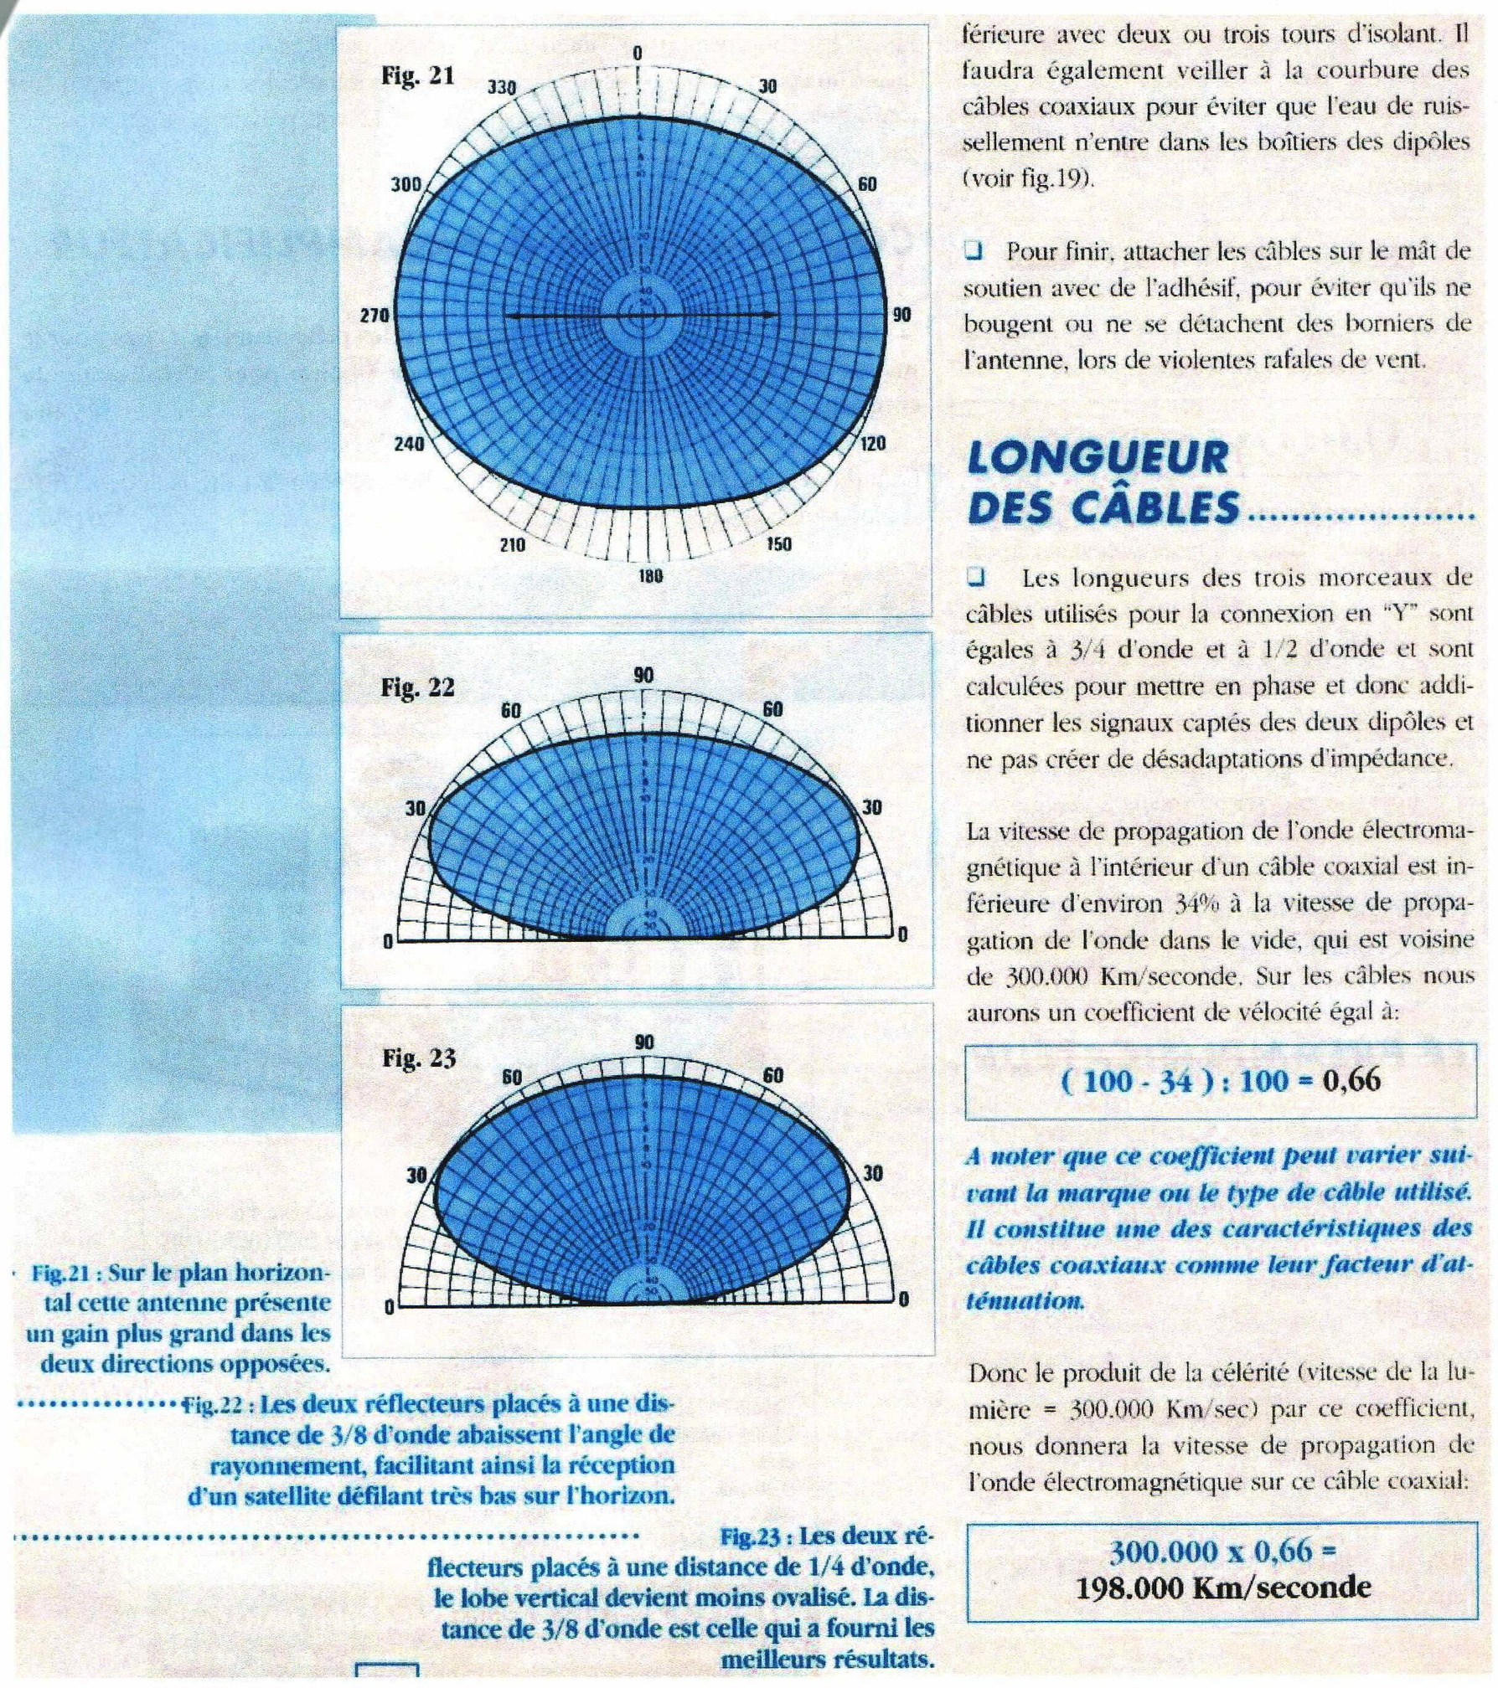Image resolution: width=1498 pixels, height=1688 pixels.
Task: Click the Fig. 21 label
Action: [x=417, y=76]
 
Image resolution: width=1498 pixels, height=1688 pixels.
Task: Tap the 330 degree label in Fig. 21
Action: [x=502, y=88]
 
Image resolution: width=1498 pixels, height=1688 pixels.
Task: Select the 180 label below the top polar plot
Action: [x=650, y=576]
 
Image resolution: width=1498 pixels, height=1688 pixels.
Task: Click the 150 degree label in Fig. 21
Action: [x=777, y=544]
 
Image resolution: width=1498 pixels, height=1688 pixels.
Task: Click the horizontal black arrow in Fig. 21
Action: [x=641, y=316]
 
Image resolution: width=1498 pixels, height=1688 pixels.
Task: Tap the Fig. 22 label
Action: [x=417, y=687]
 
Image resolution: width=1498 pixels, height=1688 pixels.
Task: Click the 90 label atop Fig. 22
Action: [x=643, y=676]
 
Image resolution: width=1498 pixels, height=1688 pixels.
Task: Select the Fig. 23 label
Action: [x=419, y=1058]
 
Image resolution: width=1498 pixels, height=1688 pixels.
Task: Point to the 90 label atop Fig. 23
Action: [x=643, y=1042]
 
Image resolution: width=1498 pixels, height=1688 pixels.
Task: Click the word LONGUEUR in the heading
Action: [x=1098, y=458]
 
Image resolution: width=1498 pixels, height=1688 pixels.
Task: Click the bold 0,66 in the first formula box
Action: [x=1351, y=1080]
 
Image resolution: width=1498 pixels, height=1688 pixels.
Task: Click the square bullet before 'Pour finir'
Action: [x=973, y=250]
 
